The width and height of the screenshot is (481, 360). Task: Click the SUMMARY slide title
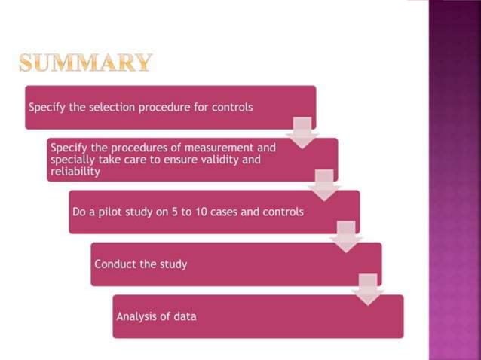point(85,63)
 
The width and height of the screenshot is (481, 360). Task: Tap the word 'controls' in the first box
point(231,107)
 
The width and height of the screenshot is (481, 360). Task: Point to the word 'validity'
point(198,160)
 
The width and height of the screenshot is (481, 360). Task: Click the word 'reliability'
point(75,172)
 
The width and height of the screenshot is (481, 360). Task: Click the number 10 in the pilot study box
point(216,212)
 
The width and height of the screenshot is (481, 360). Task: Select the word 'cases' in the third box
point(241,212)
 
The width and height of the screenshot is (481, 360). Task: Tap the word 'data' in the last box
point(183,316)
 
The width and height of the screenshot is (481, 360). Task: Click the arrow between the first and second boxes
point(302,133)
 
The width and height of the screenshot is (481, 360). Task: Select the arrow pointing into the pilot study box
point(324,185)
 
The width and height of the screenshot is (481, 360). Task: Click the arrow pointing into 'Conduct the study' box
point(346,236)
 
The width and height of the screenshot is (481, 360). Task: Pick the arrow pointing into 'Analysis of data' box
point(368,289)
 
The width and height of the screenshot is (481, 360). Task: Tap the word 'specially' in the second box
point(72,160)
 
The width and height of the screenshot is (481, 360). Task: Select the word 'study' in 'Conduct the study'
point(174,264)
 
